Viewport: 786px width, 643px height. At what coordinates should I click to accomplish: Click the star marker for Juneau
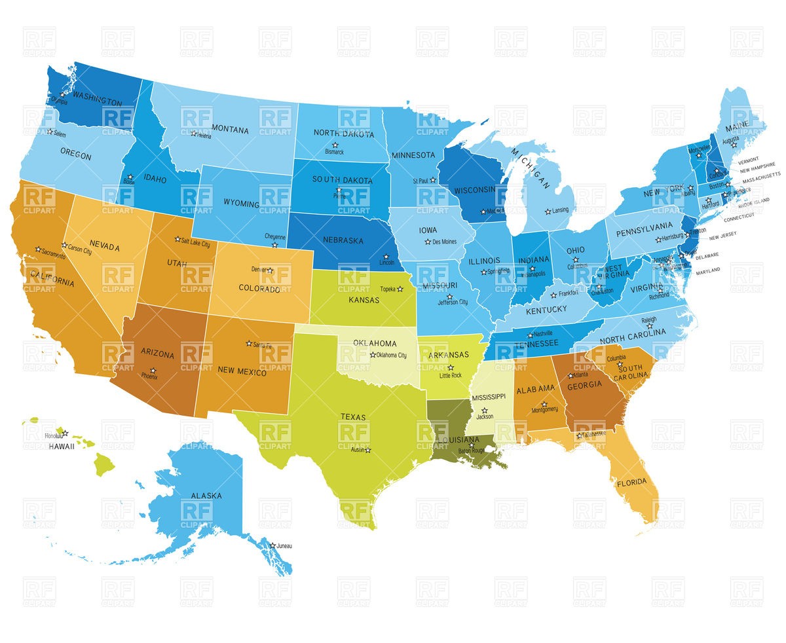click(272, 545)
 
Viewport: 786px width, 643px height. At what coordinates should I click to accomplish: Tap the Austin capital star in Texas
click(368, 450)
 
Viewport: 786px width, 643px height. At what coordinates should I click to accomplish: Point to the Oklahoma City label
click(392, 356)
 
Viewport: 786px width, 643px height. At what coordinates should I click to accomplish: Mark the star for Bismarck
click(335, 145)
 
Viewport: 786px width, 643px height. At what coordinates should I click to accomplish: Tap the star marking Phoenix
click(153, 371)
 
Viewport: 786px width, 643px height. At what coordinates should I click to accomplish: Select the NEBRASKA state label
click(343, 241)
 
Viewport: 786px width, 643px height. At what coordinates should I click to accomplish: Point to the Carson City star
click(64, 245)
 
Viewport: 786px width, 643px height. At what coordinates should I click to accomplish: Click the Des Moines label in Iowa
click(444, 242)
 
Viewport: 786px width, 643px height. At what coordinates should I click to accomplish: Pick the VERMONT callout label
click(749, 159)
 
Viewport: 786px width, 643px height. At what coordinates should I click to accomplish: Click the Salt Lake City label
click(196, 244)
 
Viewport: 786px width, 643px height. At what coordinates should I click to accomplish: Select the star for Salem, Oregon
click(50, 132)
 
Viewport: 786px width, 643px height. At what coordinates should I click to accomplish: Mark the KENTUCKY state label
click(546, 310)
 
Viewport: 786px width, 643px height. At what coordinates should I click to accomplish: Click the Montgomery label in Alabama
click(545, 410)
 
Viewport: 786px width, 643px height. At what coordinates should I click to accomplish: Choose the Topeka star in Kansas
click(400, 289)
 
